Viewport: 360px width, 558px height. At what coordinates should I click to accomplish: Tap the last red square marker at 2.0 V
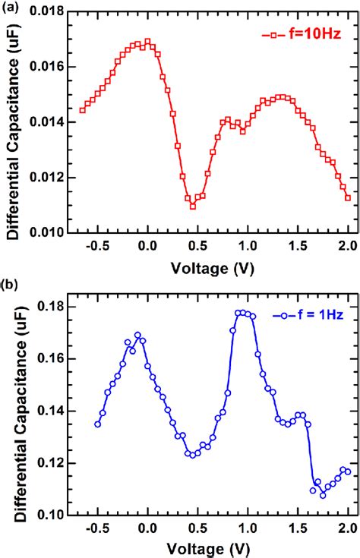tap(348, 197)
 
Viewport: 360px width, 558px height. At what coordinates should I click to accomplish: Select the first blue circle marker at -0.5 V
tap(97, 424)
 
